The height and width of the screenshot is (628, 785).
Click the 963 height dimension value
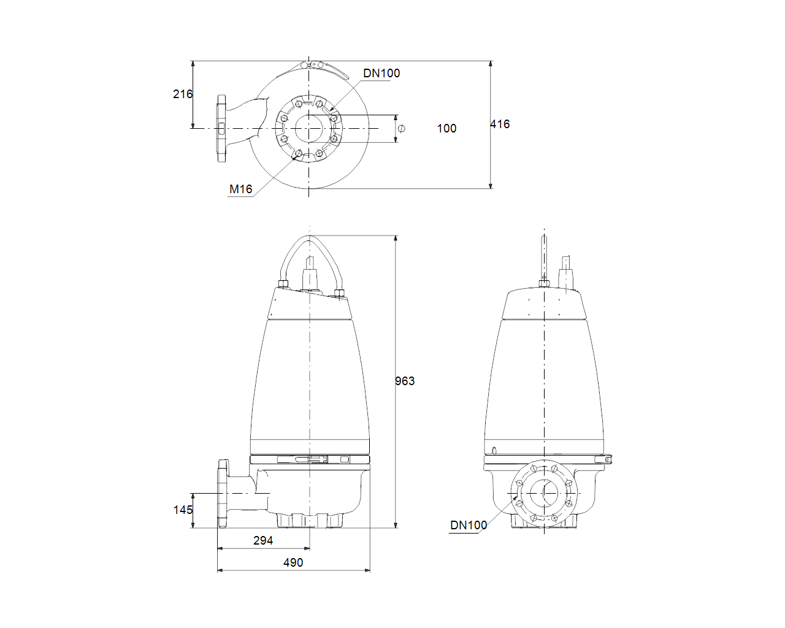pos(405,381)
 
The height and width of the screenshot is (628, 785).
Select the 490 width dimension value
pos(293,562)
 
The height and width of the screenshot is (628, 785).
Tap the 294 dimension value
pos(263,540)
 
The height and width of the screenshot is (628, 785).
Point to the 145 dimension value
pos(183,510)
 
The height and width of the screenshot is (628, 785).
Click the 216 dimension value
pos(182,94)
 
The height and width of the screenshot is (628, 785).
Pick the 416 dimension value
pos(500,124)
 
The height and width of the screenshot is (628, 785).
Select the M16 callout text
pos(241,189)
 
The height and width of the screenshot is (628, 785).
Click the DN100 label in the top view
pos(381,74)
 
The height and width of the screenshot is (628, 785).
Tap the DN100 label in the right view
pos(469,525)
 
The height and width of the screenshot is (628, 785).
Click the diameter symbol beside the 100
pos(401,128)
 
